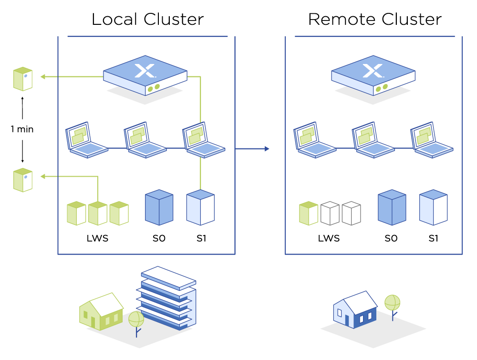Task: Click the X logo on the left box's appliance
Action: (145, 71)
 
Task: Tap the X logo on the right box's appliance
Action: (373, 71)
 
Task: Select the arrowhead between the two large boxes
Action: (267, 148)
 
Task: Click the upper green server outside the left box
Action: (23, 79)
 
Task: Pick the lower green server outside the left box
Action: (23, 180)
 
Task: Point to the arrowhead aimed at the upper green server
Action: (42, 76)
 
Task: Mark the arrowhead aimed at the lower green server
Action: (42, 176)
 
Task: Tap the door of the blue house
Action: (347, 320)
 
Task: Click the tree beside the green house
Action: (136, 321)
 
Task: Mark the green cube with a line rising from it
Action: (98, 213)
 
